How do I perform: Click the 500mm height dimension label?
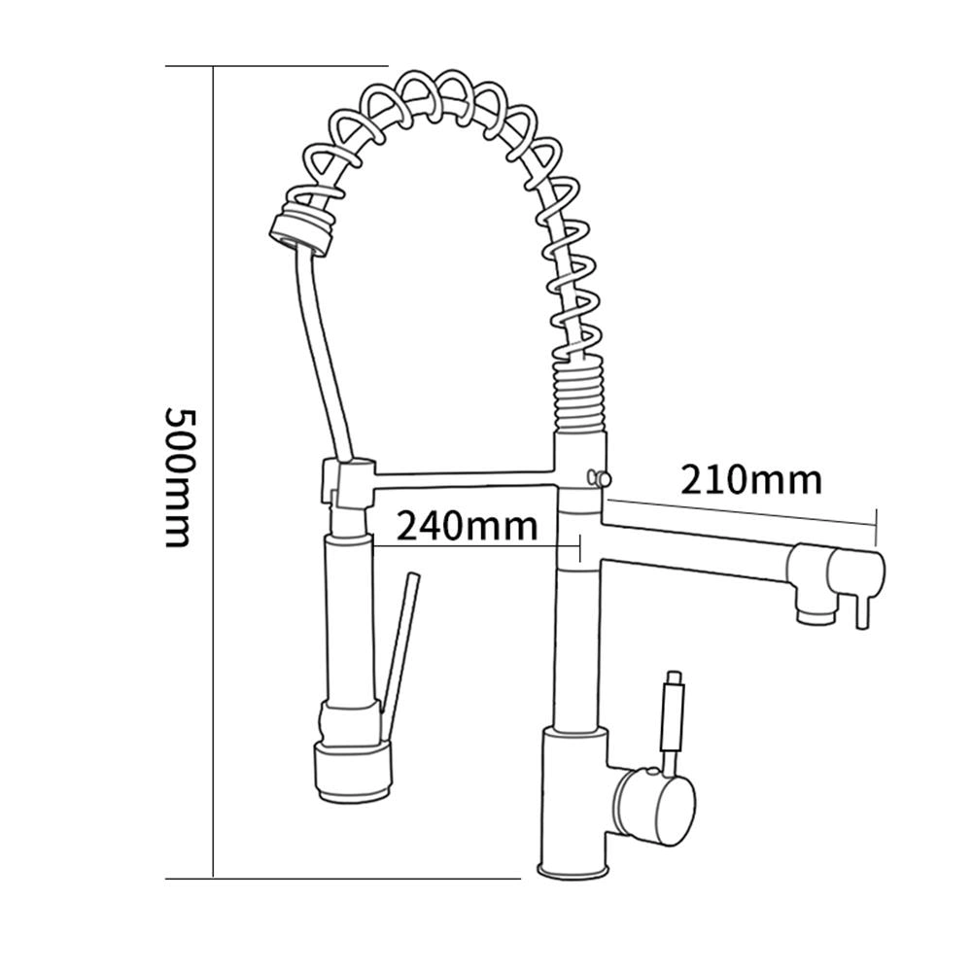point(181,477)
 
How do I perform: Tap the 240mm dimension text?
point(468,526)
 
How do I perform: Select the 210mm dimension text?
point(751,480)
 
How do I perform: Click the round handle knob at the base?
point(653,806)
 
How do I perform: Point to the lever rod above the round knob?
point(673,720)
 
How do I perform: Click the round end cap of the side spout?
point(856,571)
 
